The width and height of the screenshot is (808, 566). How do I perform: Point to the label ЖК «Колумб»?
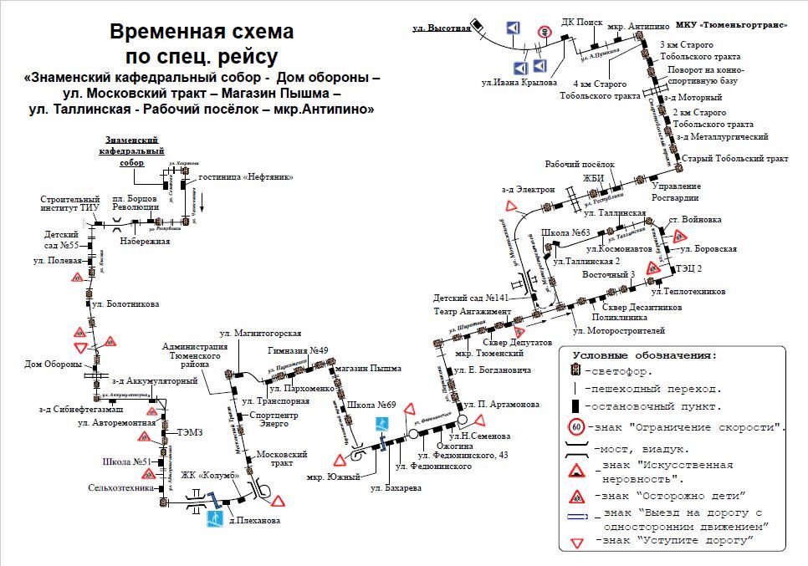pos(210,476)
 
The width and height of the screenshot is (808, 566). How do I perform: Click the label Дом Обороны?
pos(53,364)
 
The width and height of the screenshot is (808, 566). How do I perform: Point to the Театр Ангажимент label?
pos(472,311)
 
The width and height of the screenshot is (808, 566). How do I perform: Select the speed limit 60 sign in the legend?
pos(577,426)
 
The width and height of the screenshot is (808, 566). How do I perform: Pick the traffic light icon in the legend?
pos(575,370)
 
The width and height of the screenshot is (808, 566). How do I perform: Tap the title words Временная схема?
pos(202,32)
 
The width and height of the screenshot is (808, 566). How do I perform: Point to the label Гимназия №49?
pos(297,351)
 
